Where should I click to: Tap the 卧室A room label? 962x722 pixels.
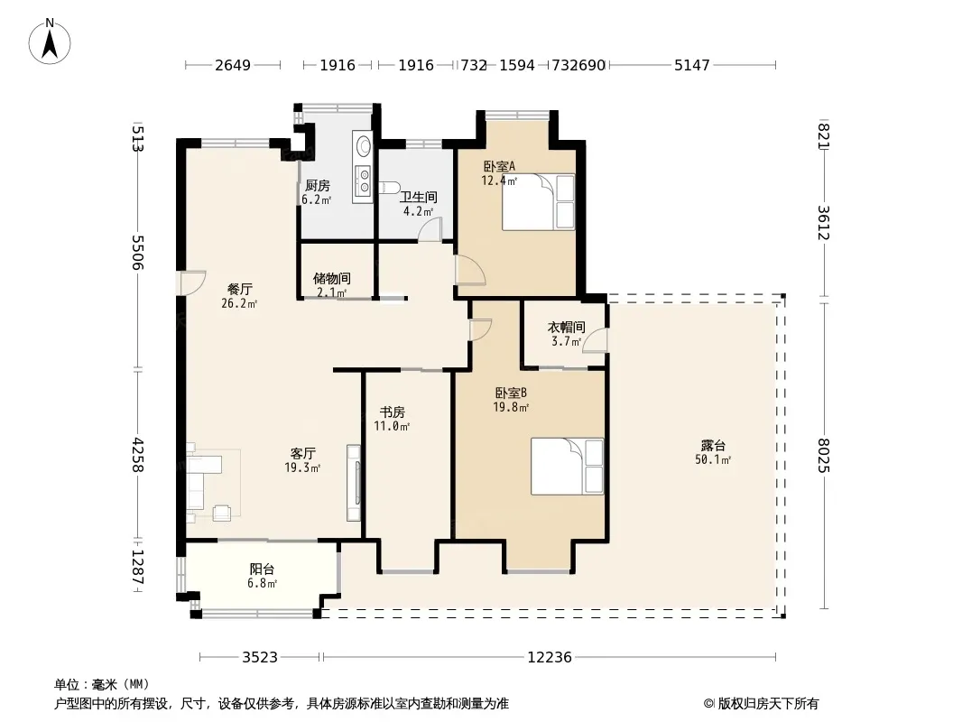click(x=499, y=166)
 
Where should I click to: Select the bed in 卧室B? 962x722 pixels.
click(x=567, y=467)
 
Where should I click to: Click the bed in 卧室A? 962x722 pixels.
click(x=538, y=202)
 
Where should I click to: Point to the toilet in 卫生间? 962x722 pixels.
click(x=390, y=187)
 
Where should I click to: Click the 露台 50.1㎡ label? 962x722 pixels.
click(x=712, y=452)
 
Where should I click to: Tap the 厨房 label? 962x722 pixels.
click(x=317, y=185)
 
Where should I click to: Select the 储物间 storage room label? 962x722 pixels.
click(x=332, y=279)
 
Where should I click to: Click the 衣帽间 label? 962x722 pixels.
click(x=566, y=327)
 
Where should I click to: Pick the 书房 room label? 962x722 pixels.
click(x=392, y=412)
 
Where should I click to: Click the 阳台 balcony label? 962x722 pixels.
click(x=262, y=569)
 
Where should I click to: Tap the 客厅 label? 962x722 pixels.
click(x=302, y=453)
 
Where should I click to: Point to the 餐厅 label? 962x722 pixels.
click(x=239, y=289)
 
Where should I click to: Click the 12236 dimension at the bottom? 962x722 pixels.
click(x=550, y=658)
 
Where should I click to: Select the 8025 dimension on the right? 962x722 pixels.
click(x=824, y=455)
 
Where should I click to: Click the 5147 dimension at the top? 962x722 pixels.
click(x=692, y=65)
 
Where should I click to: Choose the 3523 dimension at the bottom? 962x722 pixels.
click(x=260, y=658)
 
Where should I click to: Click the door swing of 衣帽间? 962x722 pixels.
click(x=594, y=341)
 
